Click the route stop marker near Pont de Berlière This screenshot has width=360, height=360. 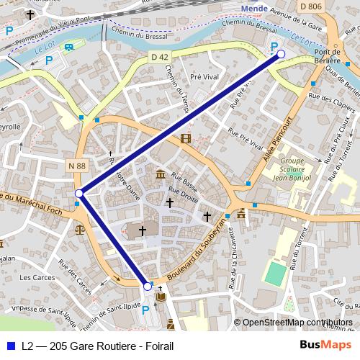[x=282, y=54]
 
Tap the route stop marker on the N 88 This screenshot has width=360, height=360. [x=78, y=193]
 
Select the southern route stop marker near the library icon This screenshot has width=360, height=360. [x=148, y=286]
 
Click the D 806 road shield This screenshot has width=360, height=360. [x=310, y=6]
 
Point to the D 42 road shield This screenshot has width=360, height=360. [x=159, y=56]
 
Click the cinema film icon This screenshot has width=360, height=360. [x=186, y=138]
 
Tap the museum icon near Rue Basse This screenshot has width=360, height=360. [x=160, y=176]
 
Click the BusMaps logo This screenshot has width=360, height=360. [x=325, y=346]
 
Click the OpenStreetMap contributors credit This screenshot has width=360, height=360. [x=298, y=323]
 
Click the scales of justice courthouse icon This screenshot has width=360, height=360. [x=78, y=230]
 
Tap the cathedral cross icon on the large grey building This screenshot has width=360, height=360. [x=143, y=231]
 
